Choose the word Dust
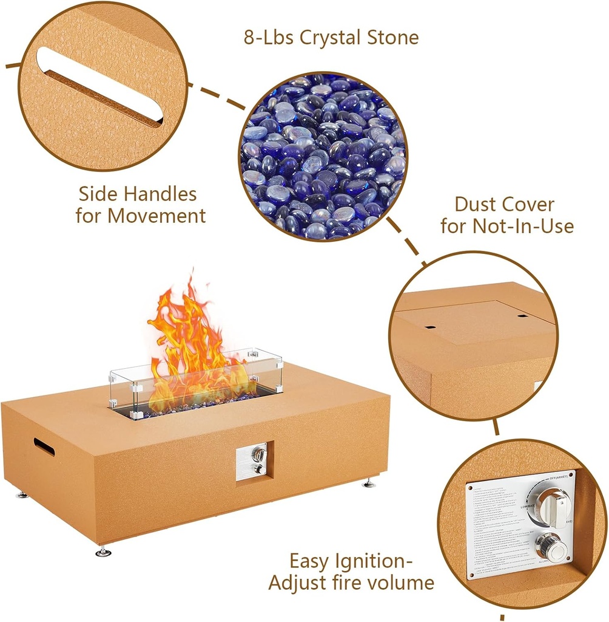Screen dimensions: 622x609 click(x=477, y=205)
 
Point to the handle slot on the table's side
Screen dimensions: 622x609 click(x=44, y=446)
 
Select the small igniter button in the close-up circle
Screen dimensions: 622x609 click(x=551, y=547)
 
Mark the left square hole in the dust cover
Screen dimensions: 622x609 click(x=429, y=327)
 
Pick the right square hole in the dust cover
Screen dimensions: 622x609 click(x=523, y=315)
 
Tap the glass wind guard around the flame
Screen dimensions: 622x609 click(x=194, y=383)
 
